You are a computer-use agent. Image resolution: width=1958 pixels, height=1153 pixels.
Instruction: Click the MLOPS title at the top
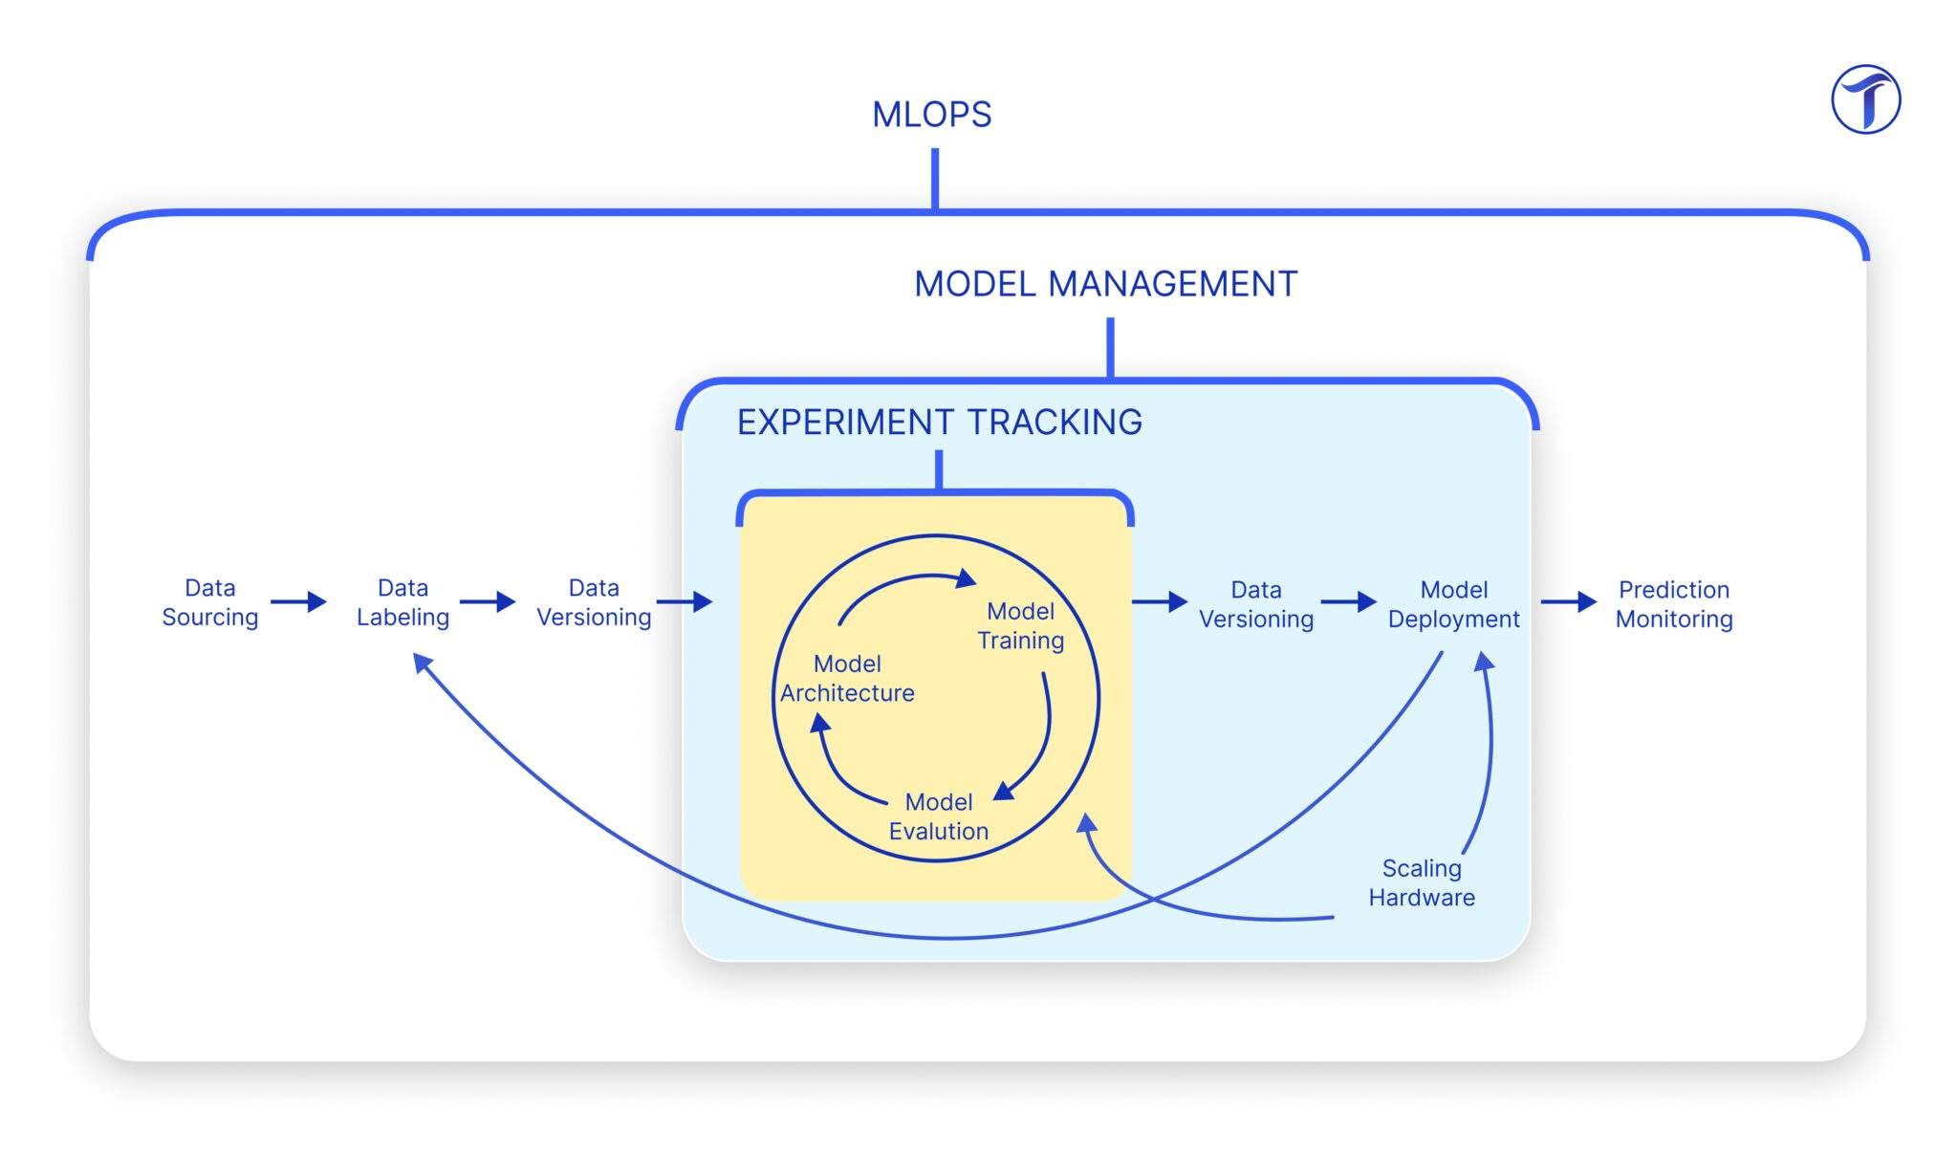click(x=931, y=115)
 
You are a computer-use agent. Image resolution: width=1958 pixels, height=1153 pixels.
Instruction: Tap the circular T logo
click(x=1865, y=99)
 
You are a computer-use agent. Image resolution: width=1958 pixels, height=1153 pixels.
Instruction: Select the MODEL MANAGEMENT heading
click(x=1105, y=284)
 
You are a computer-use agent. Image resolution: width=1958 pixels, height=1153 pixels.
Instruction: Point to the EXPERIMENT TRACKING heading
click(x=939, y=422)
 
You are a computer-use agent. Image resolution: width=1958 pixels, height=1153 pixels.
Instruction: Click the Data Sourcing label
click(x=210, y=602)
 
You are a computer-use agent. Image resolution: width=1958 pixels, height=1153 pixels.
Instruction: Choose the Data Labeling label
click(x=402, y=602)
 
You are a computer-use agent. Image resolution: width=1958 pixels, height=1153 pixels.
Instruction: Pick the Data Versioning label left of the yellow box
click(x=594, y=602)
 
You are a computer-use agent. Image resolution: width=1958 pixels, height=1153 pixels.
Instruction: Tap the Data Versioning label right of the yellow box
click(x=1256, y=604)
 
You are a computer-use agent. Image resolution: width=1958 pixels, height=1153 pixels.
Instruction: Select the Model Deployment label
click(x=1453, y=604)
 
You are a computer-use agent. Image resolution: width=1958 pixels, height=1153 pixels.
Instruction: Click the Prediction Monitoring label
click(x=1674, y=604)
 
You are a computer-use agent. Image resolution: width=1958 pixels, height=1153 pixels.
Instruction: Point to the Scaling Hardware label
click(x=1422, y=882)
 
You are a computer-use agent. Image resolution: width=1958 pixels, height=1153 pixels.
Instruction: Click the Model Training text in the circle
click(x=1020, y=625)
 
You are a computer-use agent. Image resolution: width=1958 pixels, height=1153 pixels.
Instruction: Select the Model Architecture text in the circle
click(x=847, y=678)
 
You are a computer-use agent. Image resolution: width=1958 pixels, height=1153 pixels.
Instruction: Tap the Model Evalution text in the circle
click(x=938, y=816)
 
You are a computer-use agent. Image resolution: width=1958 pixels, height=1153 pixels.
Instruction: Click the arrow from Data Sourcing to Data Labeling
click(x=298, y=601)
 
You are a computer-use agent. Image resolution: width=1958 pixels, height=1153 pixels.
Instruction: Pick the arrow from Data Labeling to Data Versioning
click(x=488, y=601)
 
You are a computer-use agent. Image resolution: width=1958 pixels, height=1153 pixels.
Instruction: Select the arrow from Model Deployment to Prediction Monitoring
click(x=1569, y=601)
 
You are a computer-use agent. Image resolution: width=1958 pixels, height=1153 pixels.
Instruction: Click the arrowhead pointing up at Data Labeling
click(x=422, y=663)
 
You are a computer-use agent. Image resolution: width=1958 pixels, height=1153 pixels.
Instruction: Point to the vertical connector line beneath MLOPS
click(x=935, y=178)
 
